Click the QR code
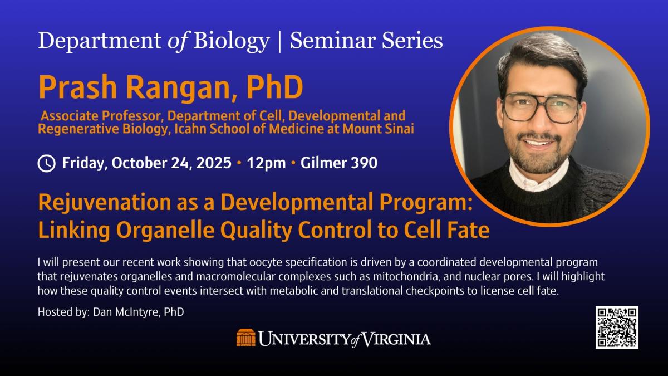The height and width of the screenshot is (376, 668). click(x=617, y=328)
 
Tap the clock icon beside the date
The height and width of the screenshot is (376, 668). click(x=47, y=164)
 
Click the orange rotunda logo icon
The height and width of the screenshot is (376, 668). click(x=246, y=338)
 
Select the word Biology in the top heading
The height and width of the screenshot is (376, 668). click(x=232, y=41)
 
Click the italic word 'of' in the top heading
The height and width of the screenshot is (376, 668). click(x=178, y=41)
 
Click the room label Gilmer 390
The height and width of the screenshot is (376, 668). click(x=339, y=163)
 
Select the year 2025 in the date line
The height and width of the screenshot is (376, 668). click(x=213, y=163)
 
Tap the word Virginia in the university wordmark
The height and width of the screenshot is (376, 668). click(x=396, y=339)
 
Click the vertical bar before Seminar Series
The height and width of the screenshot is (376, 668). click(x=279, y=41)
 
